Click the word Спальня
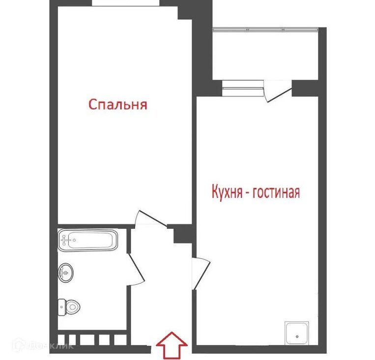pyautogui.click(x=117, y=105)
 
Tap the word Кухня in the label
pyautogui.click(x=227, y=192)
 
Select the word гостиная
pyautogui.click(x=276, y=193)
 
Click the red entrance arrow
pyautogui.click(x=172, y=345)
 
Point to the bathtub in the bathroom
pyautogui.click(x=88, y=240)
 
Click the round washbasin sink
pyautogui.click(x=65, y=273)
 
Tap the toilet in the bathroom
pyautogui.click(x=69, y=307)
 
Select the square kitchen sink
pyautogui.click(x=296, y=333)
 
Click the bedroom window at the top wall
pyautogui.click(x=125, y=3)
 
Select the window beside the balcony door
pyautogui.click(x=243, y=88)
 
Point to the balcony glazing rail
pyautogui.click(x=265, y=29)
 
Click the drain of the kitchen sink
pyautogui.click(x=297, y=336)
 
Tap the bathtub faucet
pyautogui.click(x=65, y=240)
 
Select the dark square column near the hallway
pyautogui.click(x=183, y=234)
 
